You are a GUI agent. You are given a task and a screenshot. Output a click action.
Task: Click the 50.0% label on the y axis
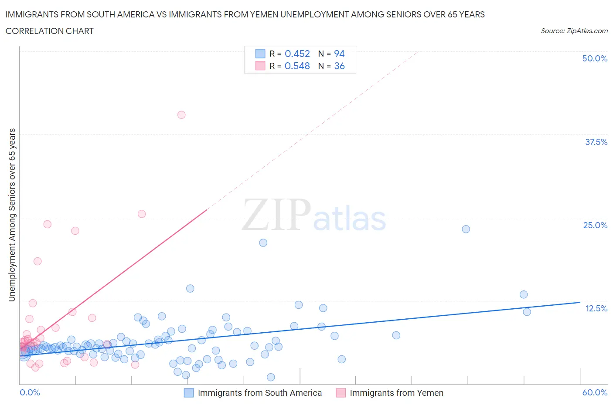tap(595, 58)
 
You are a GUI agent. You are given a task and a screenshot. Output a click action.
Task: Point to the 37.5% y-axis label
tap(596, 142)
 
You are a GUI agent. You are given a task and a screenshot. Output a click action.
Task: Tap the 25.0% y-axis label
tap(595, 225)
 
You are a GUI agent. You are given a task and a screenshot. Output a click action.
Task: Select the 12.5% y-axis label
tap(596, 308)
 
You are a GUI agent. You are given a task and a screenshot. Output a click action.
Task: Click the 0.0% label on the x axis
tap(30, 392)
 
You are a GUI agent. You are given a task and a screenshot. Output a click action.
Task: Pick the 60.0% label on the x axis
tap(595, 392)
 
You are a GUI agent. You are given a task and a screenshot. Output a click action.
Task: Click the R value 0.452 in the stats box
tap(297, 54)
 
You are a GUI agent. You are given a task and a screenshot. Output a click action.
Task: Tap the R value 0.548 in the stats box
tap(297, 66)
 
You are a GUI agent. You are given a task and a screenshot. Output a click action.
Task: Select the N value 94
tap(339, 54)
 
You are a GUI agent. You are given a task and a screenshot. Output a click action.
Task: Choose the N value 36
tap(339, 66)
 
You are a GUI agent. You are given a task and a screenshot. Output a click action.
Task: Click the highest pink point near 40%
tap(181, 115)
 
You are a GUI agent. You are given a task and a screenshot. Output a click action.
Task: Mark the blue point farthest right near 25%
tap(466, 229)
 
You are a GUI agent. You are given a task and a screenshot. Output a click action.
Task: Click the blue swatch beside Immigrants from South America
tap(188, 393)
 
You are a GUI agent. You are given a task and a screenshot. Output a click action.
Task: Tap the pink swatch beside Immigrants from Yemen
tap(341, 393)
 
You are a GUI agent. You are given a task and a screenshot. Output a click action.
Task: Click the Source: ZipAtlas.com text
tap(574, 31)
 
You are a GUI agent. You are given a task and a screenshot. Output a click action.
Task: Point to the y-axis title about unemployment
tap(12, 215)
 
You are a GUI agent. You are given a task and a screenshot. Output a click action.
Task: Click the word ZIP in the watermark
tap(276, 215)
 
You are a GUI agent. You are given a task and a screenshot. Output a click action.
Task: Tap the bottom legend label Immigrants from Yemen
tap(396, 393)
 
